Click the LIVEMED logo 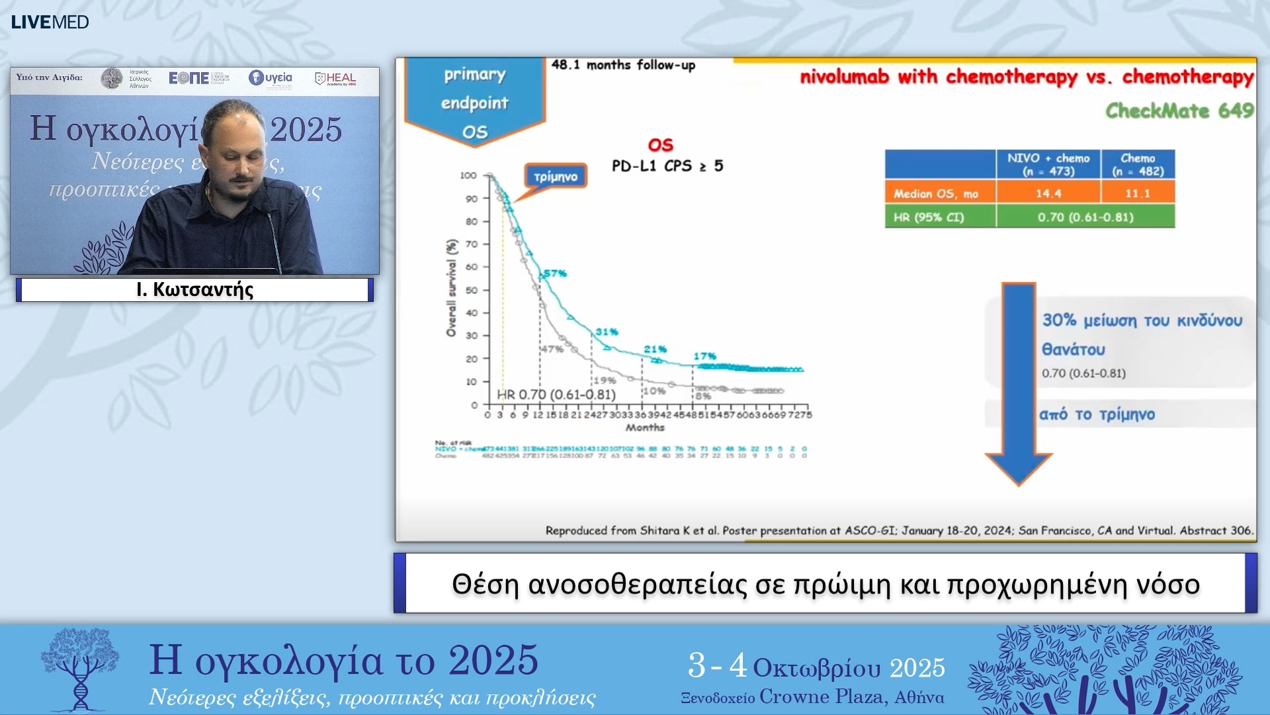(50, 22)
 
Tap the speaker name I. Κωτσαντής (194, 289)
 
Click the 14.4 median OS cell (1048, 193)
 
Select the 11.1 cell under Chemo (1137, 193)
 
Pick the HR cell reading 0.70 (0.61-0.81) (1085, 217)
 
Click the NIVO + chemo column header (1048, 164)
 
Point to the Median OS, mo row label (935, 193)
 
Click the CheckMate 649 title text (1179, 111)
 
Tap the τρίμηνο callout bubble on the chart (556, 177)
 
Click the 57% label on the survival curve (556, 273)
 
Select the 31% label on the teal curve (607, 332)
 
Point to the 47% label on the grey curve (552, 349)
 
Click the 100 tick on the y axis (468, 175)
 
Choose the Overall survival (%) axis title (451, 288)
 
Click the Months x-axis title (645, 428)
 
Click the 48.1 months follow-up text (622, 65)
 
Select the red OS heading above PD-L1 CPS (660, 145)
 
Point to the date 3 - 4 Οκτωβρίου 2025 (816, 667)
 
